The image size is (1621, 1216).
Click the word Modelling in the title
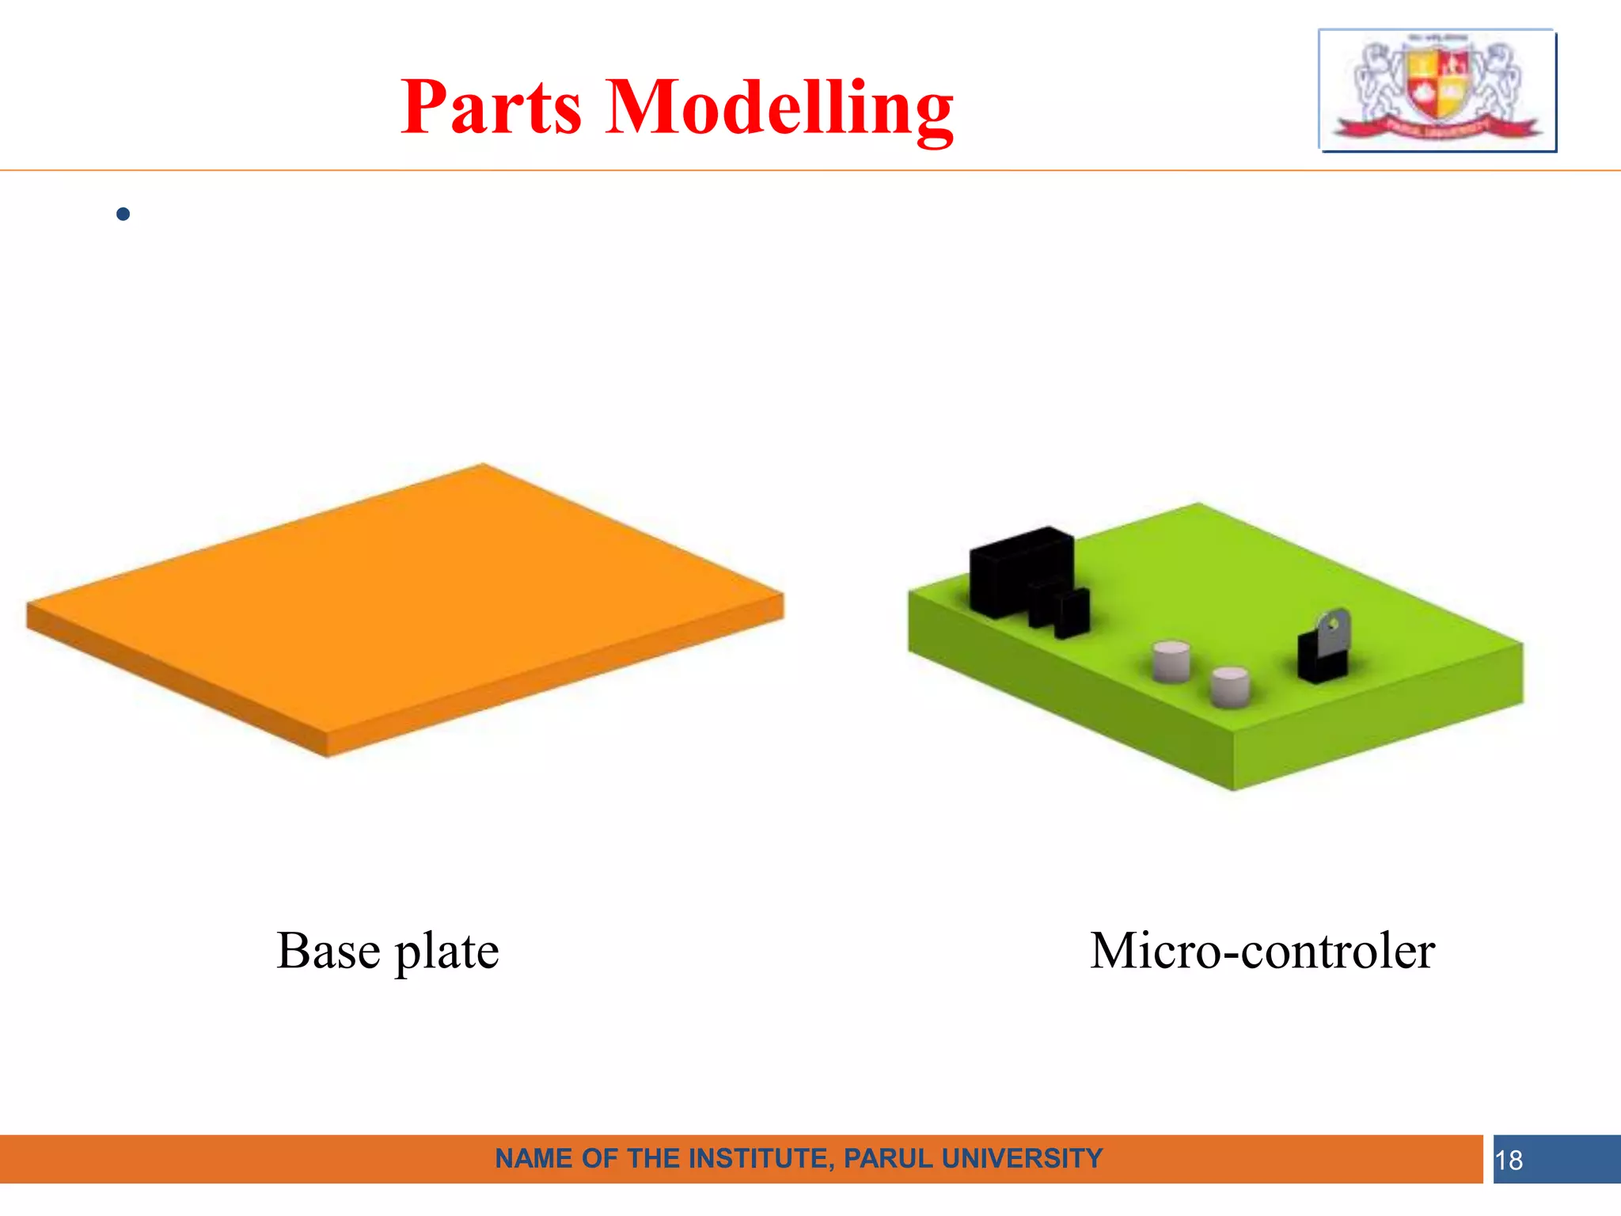point(780,108)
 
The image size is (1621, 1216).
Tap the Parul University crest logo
point(1437,89)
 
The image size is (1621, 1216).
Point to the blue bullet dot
point(123,214)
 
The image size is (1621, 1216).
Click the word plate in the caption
point(447,952)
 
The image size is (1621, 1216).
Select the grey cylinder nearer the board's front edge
point(1231,687)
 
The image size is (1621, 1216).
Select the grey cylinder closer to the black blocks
point(1171,661)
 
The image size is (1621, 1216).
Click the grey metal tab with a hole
point(1334,629)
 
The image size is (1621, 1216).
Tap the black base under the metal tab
point(1320,663)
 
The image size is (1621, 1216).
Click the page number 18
point(1509,1161)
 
